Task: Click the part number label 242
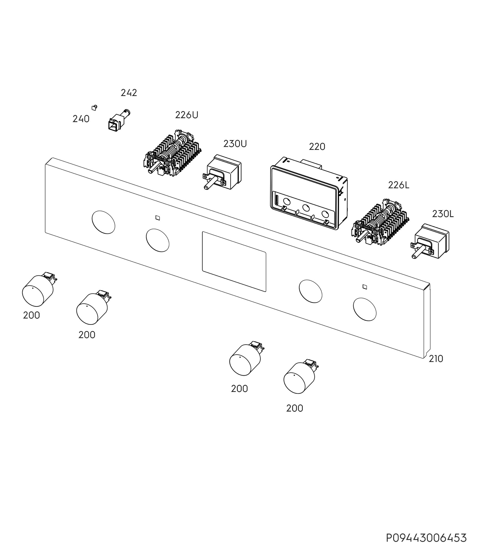[129, 93]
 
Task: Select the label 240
[81, 119]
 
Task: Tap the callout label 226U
[187, 115]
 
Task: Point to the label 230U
[235, 144]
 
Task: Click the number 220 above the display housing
[317, 147]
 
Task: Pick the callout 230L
[443, 214]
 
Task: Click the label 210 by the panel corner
[436, 359]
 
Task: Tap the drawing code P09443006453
[426, 538]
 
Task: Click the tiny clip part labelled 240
[94, 108]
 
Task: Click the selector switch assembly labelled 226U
[172, 153]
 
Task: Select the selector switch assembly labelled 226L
[380, 222]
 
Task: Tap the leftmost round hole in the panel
[103, 222]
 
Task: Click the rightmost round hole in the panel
[365, 310]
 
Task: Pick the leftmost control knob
[38, 290]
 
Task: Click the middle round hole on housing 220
[306, 208]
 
